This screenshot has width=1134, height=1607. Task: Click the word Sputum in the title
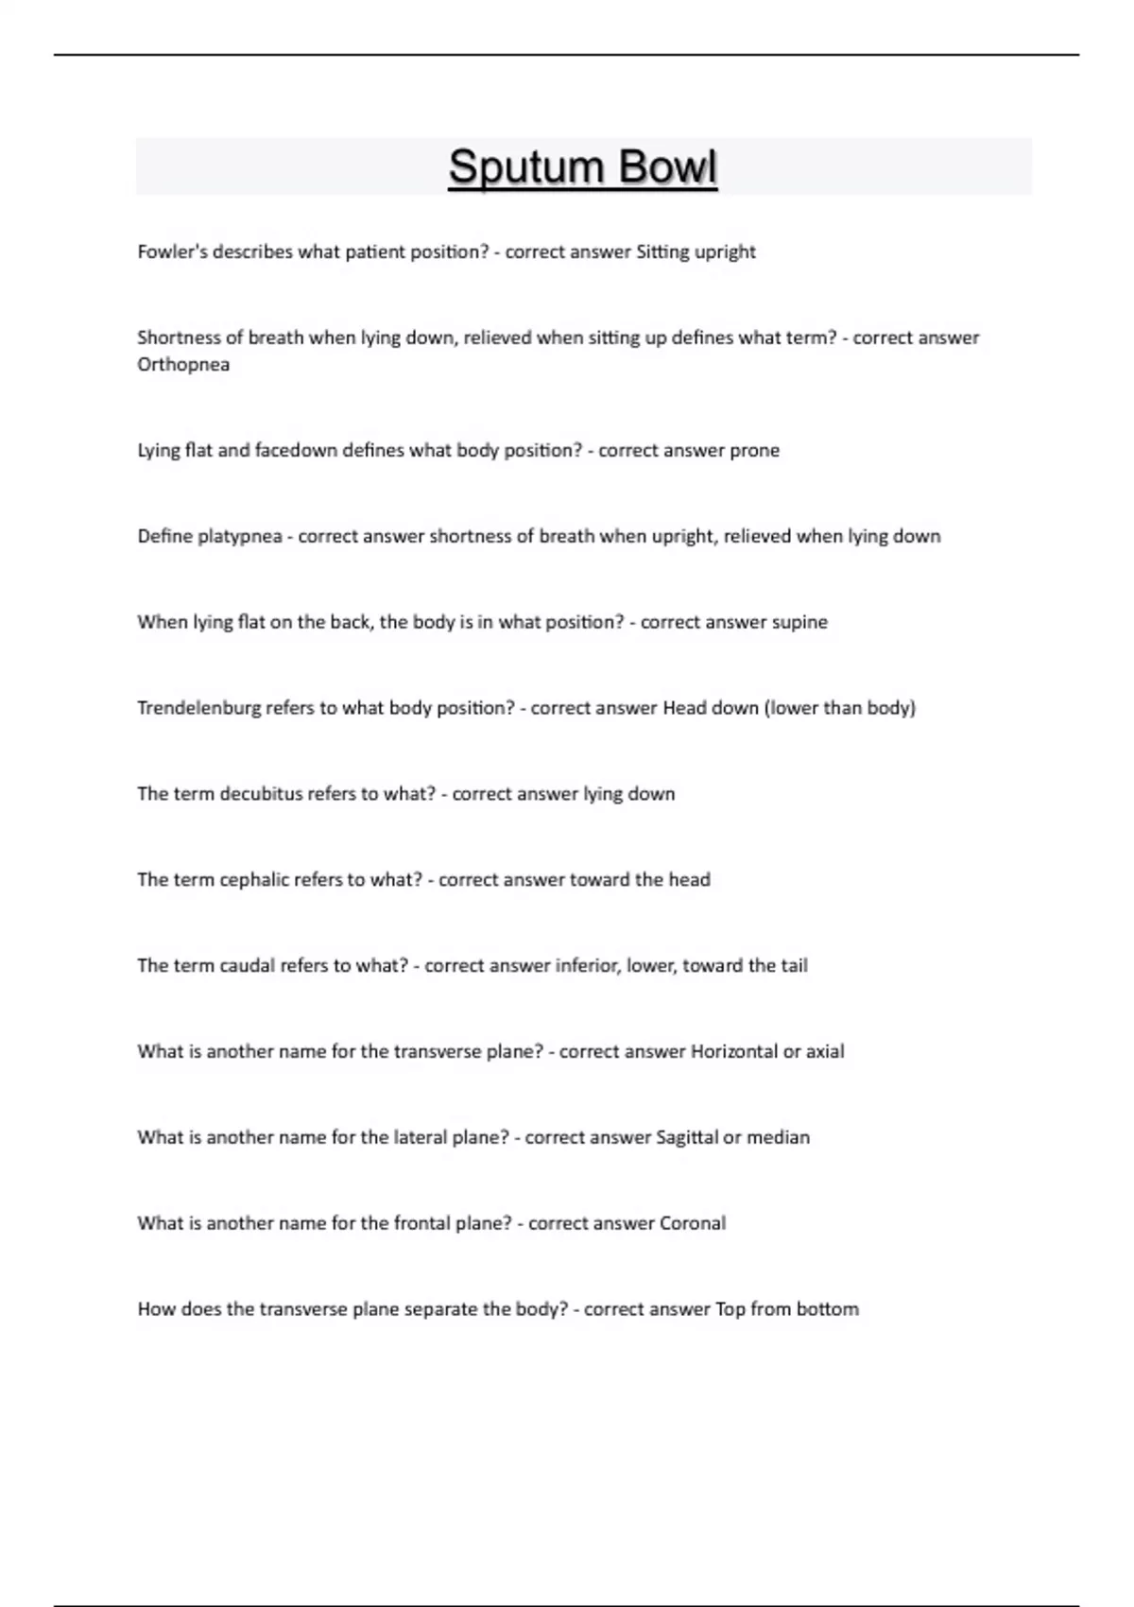524,167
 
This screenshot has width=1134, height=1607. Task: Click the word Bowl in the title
667,167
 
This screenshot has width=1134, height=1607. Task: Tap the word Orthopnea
183,365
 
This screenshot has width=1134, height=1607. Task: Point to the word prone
754,451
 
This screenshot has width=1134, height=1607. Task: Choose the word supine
799,622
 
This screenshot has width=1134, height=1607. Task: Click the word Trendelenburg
198,708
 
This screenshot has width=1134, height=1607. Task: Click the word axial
825,1051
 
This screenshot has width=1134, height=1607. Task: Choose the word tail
794,966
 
